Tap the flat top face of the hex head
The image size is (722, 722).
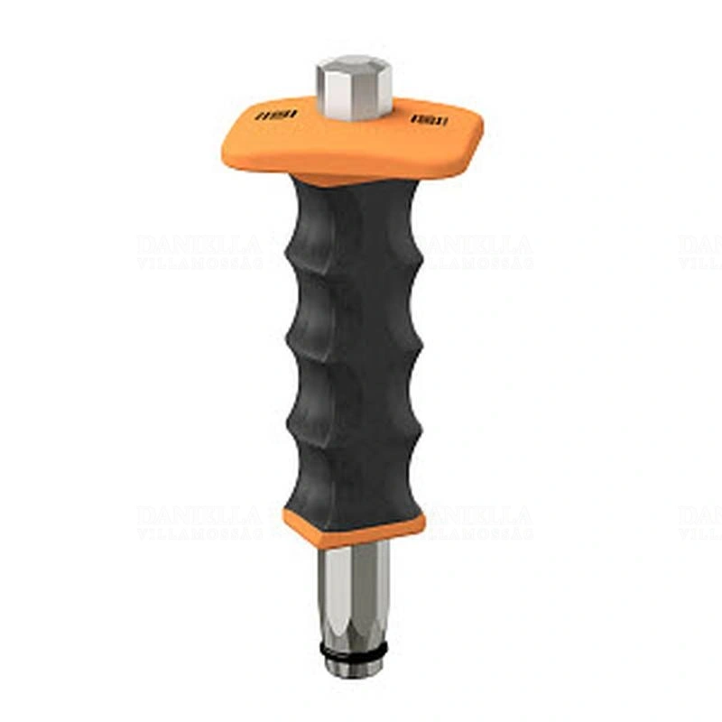pyautogui.click(x=353, y=64)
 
